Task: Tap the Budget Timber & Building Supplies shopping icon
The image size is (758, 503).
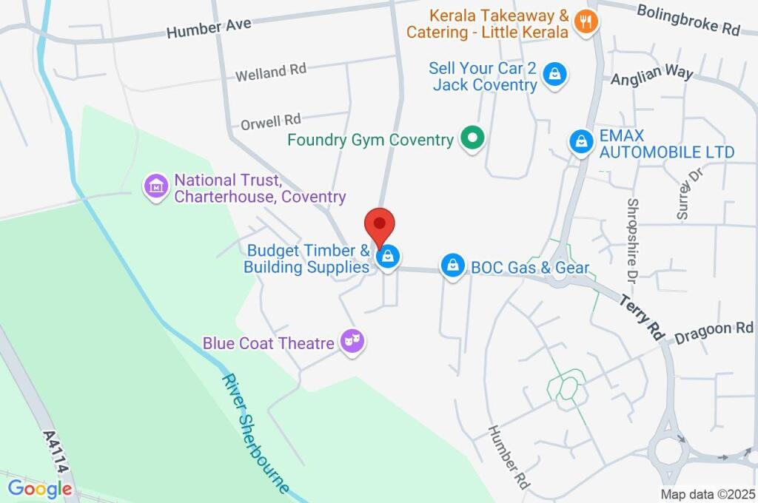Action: (388, 257)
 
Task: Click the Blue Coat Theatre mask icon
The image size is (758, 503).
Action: (352, 342)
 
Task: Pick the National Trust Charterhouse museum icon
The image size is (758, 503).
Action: (156, 188)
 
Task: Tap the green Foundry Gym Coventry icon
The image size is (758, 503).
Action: (472, 138)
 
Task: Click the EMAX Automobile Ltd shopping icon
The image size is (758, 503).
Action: (581, 143)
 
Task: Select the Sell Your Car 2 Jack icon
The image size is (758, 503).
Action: (554, 75)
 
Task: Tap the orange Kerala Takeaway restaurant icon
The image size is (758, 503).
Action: (586, 23)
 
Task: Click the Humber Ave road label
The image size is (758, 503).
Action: (209, 28)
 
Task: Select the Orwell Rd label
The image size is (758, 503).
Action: (270, 120)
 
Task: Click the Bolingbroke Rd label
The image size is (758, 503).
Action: (688, 20)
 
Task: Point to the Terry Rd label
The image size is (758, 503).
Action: (642, 315)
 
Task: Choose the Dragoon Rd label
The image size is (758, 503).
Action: (714, 331)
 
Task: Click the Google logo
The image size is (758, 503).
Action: (39, 488)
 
